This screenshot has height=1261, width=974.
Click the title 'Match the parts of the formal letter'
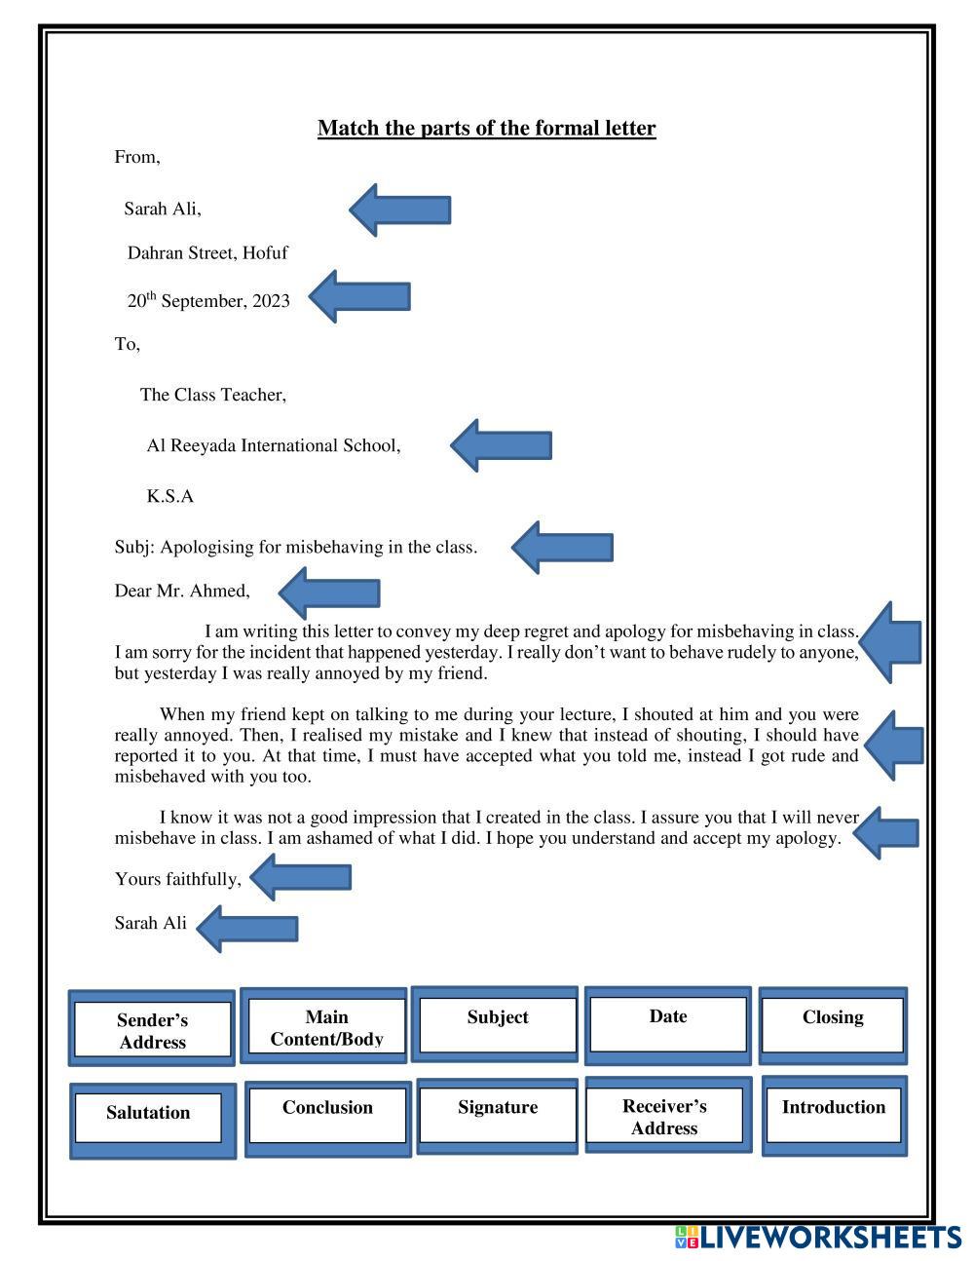coord(486,129)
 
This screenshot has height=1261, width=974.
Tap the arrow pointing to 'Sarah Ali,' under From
coord(400,210)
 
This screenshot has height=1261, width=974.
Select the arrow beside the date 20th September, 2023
coord(359,297)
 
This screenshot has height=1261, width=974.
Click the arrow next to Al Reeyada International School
coord(502,445)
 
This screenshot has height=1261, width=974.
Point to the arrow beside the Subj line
coord(563,547)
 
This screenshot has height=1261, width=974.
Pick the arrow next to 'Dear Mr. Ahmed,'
coord(329,592)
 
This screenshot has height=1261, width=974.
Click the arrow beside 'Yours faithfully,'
coord(301,877)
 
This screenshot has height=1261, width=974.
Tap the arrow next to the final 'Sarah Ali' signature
coord(248,928)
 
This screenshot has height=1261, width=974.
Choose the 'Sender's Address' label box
coord(152,1030)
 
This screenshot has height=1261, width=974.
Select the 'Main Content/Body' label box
coord(326,1027)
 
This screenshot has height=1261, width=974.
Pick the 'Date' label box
coord(668,1024)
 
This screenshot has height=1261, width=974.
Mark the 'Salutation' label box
coord(148,1118)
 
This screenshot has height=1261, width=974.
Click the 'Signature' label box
coord(498,1115)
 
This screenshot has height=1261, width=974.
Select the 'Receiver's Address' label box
coord(664,1116)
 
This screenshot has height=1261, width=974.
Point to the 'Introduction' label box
coord(834,1115)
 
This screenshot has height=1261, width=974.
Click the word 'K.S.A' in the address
coord(170,497)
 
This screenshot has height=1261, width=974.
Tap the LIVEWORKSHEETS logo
coord(817,1238)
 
